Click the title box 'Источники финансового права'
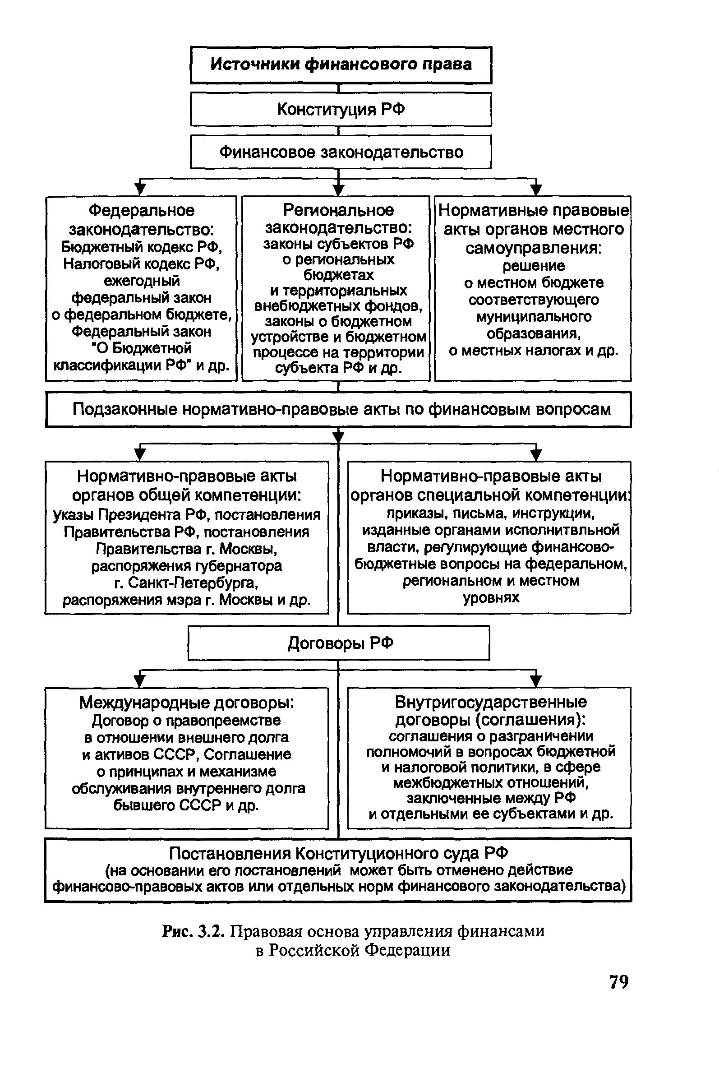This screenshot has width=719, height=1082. pyautogui.click(x=341, y=65)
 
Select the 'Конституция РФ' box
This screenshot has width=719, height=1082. pyautogui.click(x=341, y=110)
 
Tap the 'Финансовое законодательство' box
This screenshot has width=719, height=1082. pyautogui.click(x=341, y=152)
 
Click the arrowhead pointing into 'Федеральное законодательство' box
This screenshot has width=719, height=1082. pyautogui.click(x=140, y=189)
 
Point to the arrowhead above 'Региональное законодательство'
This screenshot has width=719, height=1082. pyautogui.click(x=338, y=189)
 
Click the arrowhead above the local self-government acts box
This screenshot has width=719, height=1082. pyautogui.click(x=535, y=189)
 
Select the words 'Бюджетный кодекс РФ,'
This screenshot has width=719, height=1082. pyautogui.click(x=142, y=247)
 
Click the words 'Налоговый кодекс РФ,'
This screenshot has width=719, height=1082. pyautogui.click(x=142, y=264)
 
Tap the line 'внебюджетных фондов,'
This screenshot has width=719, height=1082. pyautogui.click(x=338, y=305)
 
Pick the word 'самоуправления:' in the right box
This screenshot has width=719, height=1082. pyautogui.click(x=534, y=248)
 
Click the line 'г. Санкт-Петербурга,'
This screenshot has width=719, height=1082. pyautogui.click(x=186, y=583)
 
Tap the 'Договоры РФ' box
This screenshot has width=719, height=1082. pyautogui.click(x=340, y=643)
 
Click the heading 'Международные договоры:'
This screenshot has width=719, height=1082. pyautogui.click(x=186, y=703)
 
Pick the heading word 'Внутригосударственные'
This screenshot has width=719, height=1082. pyautogui.click(x=491, y=702)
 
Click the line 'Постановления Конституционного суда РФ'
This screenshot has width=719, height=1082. pyautogui.click(x=338, y=854)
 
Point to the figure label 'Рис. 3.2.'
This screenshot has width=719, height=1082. pyautogui.click(x=193, y=932)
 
